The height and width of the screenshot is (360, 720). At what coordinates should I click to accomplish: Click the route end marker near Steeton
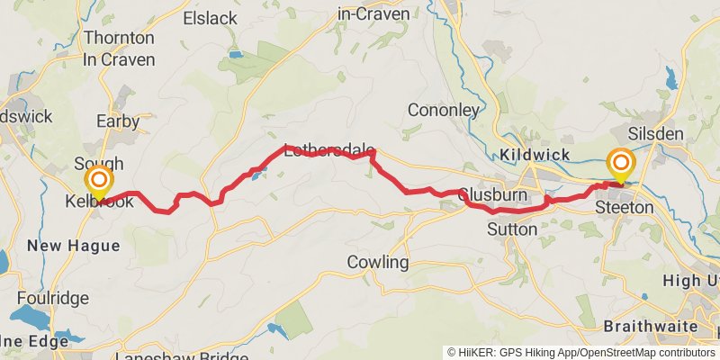coord(621,164)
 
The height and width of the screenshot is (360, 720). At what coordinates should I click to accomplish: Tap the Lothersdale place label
coord(328,150)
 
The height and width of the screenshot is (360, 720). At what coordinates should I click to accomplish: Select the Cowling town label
coord(378,263)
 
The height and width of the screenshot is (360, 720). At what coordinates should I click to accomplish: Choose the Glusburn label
coord(491,194)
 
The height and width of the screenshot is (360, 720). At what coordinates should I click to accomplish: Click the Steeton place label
coord(625,207)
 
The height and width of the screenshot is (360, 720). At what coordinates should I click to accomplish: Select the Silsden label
coord(656,133)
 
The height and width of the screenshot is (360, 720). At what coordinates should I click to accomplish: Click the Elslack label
coord(210,18)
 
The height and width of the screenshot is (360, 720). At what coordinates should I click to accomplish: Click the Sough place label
coord(93,163)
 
